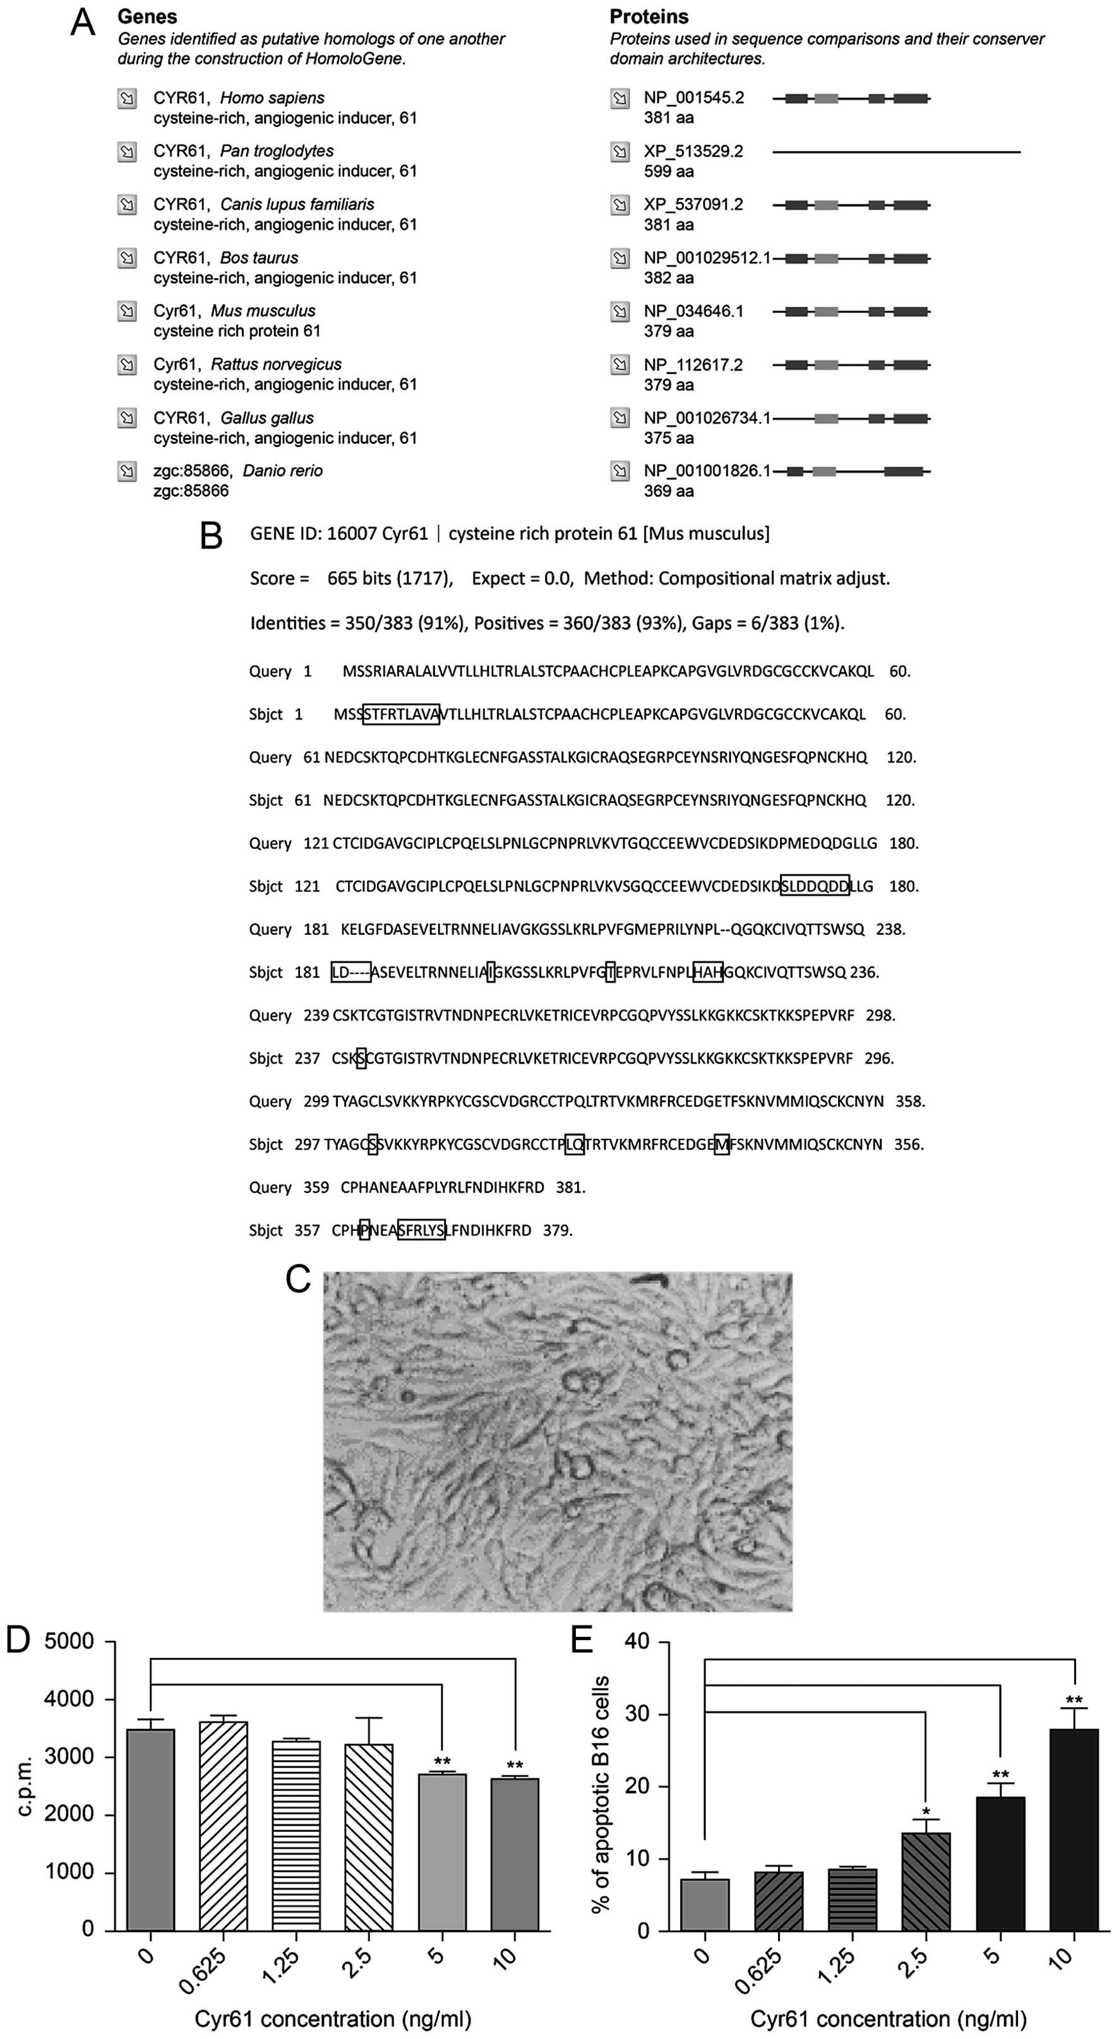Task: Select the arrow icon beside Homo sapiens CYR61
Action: pyautogui.click(x=127, y=99)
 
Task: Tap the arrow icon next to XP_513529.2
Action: pyautogui.click(x=620, y=152)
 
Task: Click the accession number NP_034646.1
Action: pyautogui.click(x=693, y=311)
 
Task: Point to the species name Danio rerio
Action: pyautogui.click(x=283, y=471)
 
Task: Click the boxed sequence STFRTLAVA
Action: pyautogui.click(x=401, y=715)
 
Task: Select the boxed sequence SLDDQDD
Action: pyautogui.click(x=815, y=886)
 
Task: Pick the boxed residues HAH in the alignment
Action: pyautogui.click(x=707, y=972)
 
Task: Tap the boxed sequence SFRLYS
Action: pyautogui.click(x=421, y=1230)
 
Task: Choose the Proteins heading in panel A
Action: pyautogui.click(x=649, y=16)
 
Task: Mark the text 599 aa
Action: pyautogui.click(x=668, y=172)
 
